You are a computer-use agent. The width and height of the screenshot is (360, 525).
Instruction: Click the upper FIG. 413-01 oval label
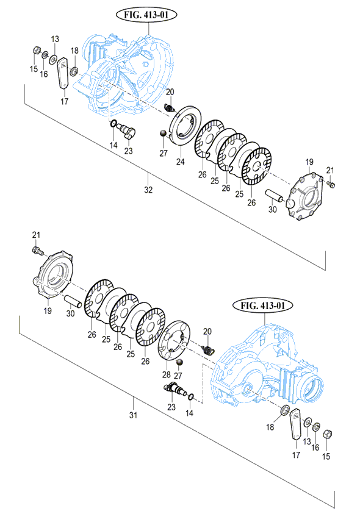click(146, 15)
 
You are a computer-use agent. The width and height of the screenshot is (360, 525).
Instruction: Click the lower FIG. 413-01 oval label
click(263, 305)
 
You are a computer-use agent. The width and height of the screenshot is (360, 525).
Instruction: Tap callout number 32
click(148, 190)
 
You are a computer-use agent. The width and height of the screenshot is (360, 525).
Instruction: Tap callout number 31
click(134, 415)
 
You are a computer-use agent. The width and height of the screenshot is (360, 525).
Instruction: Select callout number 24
click(181, 162)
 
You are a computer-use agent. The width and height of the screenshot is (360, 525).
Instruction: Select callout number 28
click(166, 374)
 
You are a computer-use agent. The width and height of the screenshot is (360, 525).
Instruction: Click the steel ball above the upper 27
click(163, 134)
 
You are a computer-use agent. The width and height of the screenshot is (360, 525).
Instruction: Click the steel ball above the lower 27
click(179, 362)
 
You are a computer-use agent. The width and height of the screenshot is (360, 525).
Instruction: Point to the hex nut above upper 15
click(37, 51)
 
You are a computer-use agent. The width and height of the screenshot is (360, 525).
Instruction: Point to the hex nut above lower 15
click(328, 435)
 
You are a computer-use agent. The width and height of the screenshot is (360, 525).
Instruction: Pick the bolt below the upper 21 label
click(331, 184)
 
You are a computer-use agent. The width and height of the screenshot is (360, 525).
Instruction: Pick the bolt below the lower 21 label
click(37, 250)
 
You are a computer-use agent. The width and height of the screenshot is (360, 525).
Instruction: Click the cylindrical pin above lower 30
click(73, 300)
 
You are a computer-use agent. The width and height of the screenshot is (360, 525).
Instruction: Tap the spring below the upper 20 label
click(170, 107)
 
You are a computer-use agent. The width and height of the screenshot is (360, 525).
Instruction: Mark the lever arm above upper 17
click(63, 73)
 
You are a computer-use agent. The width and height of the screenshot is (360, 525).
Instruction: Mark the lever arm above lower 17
click(295, 423)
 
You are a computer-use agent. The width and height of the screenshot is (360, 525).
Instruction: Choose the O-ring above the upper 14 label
click(113, 124)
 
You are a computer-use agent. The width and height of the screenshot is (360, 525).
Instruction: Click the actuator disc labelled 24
click(184, 126)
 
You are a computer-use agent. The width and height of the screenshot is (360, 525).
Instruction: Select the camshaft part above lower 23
click(175, 390)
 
